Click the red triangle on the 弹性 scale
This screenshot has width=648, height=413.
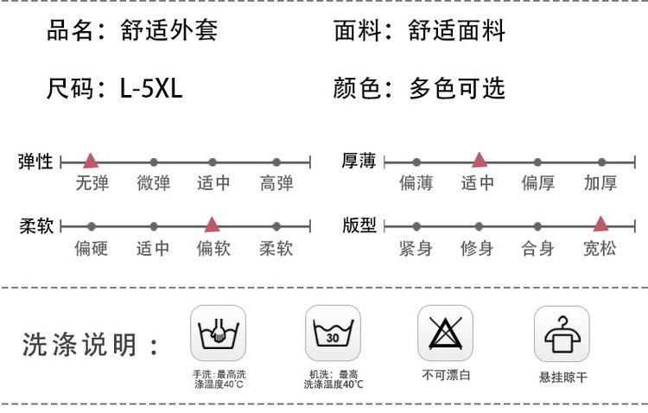coord(91,161)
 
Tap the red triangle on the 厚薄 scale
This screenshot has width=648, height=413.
coord(480,160)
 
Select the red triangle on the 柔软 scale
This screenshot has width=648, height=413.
coord(212,225)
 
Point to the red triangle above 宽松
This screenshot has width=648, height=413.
coord(600,224)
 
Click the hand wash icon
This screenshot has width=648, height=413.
coord(218,334)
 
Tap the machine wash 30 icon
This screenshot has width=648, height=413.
coord(333,334)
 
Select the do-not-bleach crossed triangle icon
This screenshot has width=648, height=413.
coord(446,334)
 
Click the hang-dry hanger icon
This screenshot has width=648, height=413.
coord(562,334)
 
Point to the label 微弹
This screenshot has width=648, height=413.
coord(153,183)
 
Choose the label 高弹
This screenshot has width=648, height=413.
coord(276,183)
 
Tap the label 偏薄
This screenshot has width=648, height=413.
coord(416,183)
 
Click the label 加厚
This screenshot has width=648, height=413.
coord(600,183)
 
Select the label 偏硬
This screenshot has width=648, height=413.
coord(91,249)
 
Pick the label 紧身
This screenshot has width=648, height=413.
coord(416,249)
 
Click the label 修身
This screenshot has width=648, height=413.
coord(477,249)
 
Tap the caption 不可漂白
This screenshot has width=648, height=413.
coord(446,375)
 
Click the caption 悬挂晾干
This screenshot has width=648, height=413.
coord(562,378)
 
